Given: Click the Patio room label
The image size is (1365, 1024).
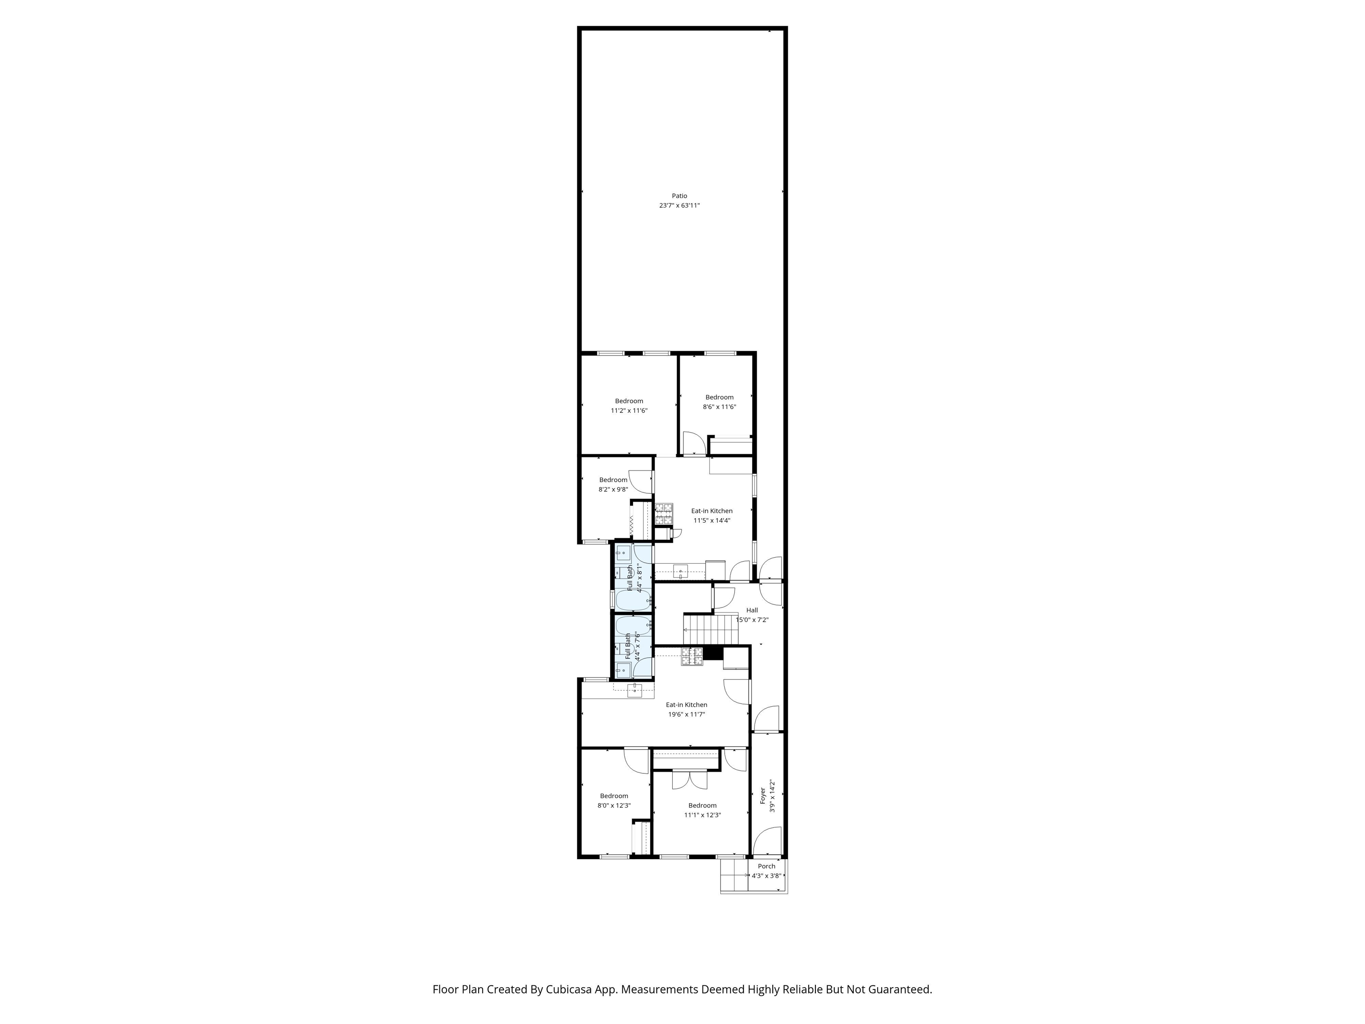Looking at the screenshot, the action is click(679, 196).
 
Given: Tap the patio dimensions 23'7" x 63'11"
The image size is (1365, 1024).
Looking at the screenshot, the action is click(679, 205).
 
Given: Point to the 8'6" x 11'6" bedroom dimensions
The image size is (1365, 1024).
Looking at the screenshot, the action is click(719, 407).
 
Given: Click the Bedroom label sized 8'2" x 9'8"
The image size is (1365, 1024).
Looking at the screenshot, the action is click(613, 480).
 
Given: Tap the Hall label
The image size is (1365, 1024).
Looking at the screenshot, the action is click(752, 610).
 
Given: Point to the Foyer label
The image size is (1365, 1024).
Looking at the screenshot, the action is click(763, 795).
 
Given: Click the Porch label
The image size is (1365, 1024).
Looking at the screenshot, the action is click(766, 866).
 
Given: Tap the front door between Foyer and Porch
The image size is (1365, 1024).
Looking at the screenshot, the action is click(767, 841).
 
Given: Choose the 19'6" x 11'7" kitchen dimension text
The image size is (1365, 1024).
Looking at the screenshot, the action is click(686, 714).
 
